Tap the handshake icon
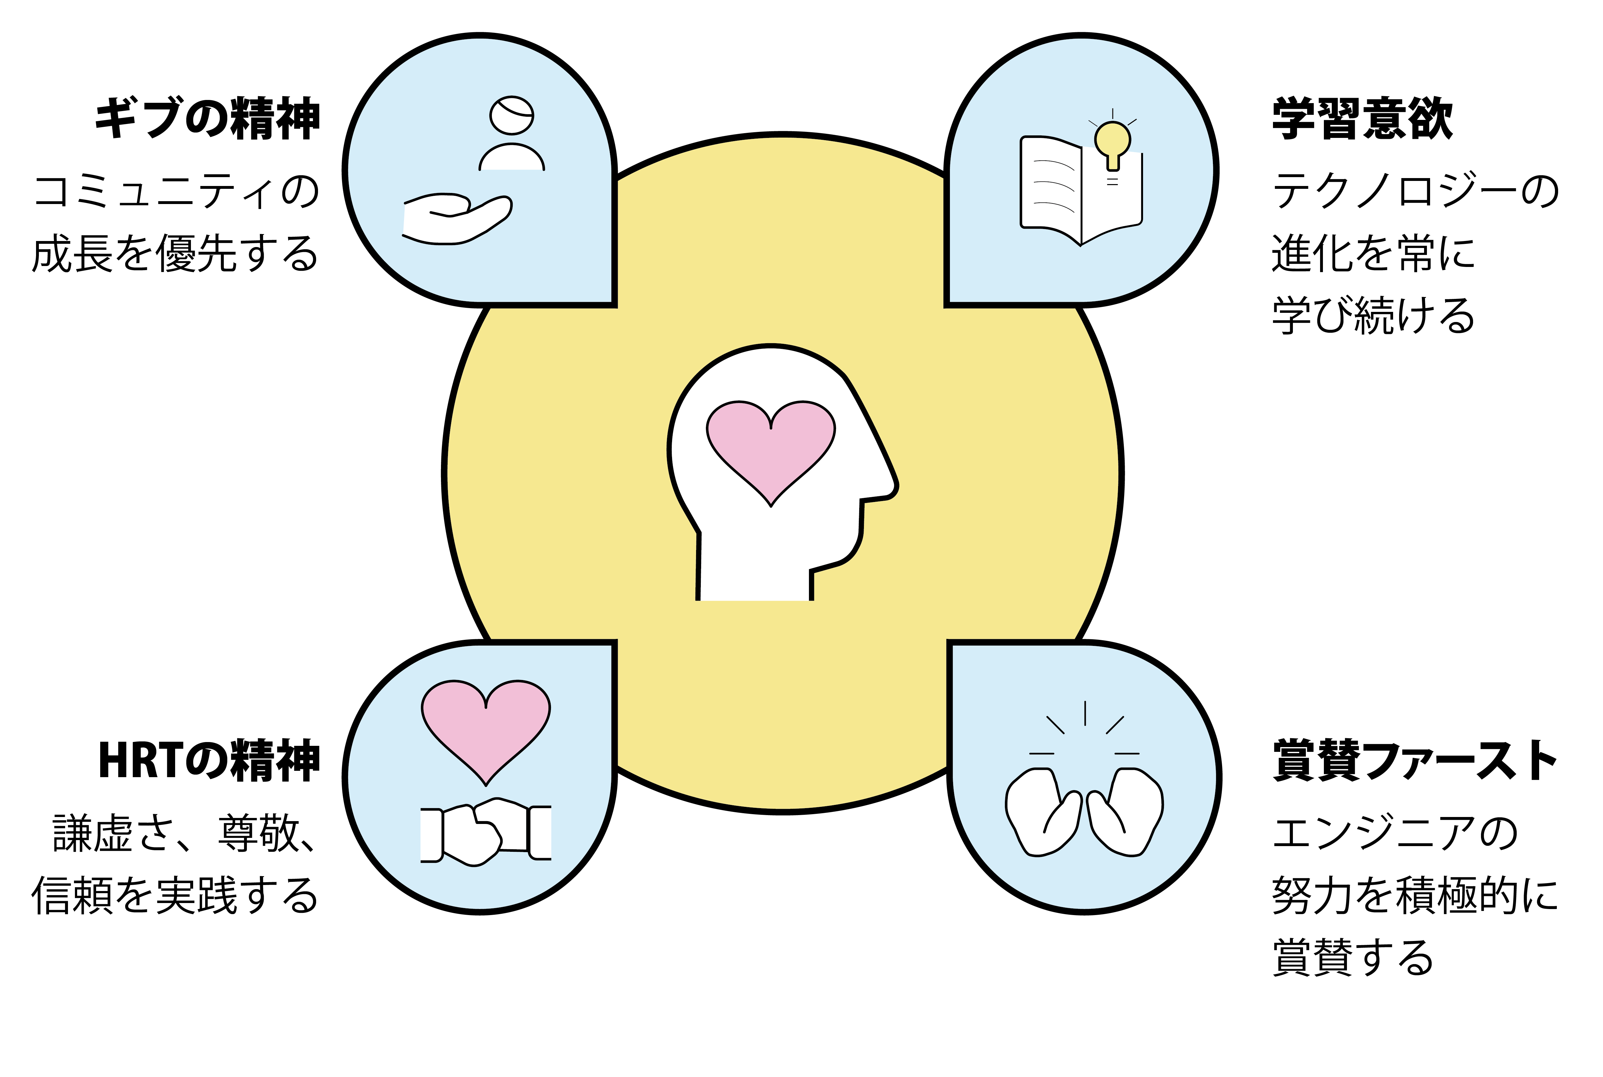click(x=486, y=831)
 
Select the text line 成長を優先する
click(x=175, y=253)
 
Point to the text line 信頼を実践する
click(x=175, y=895)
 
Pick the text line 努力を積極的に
click(x=1416, y=895)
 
